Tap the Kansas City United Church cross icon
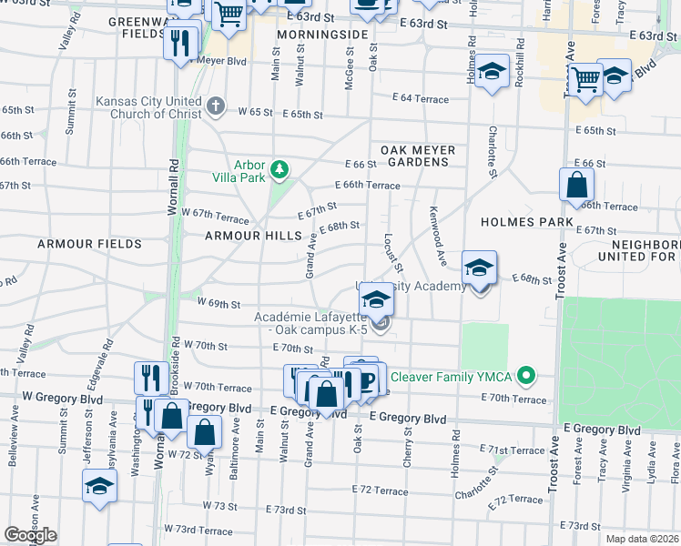pyautogui.click(x=216, y=106)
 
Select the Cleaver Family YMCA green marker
pyautogui.click(x=525, y=375)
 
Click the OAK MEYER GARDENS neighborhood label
pyautogui.click(x=414, y=155)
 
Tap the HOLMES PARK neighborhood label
pyautogui.click(x=529, y=222)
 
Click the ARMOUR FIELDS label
pyautogui.click(x=89, y=244)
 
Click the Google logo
pyautogui.click(x=30, y=535)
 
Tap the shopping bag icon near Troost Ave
pyautogui.click(x=576, y=185)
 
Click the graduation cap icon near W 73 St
pyautogui.click(x=99, y=486)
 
